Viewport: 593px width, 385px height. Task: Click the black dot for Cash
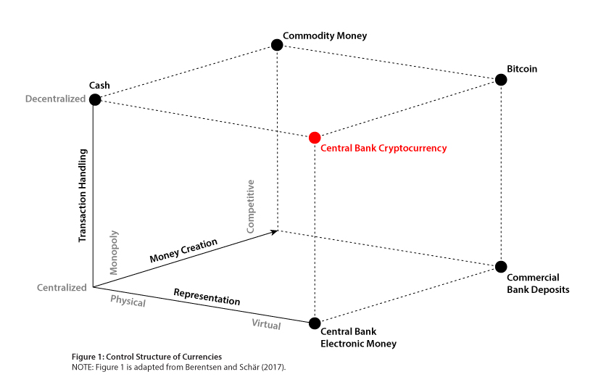pos(95,99)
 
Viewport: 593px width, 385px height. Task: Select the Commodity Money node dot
pos(277,45)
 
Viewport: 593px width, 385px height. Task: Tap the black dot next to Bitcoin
pos(501,80)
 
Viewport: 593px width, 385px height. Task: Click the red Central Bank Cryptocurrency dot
pos(315,138)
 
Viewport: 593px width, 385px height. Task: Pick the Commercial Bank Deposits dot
pos(501,267)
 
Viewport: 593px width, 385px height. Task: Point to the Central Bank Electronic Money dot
pos(315,323)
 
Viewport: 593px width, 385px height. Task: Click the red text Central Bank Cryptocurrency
pos(383,148)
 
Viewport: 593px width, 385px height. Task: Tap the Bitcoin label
pos(522,69)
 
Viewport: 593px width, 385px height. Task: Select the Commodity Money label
pos(325,36)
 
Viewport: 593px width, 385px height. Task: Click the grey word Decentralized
pos(55,99)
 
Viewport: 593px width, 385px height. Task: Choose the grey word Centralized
pos(62,287)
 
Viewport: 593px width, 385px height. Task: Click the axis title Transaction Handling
pos(83,196)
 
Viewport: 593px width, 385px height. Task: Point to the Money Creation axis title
pos(183,250)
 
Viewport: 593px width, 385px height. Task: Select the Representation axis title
pos(207,297)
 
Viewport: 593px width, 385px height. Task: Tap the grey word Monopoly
pos(114,252)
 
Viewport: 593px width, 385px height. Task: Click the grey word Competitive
pos(250,207)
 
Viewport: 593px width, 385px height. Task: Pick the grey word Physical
pos(128,301)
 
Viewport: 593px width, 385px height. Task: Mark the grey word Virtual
pos(266,324)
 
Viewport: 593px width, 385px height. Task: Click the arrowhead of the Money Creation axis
pos(274,232)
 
